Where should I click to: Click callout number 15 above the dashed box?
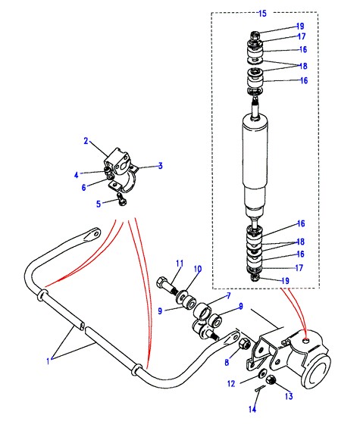coord(262,13)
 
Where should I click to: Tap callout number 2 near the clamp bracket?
coord(86,141)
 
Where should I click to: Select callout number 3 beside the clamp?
coord(161,166)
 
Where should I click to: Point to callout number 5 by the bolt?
coord(99,204)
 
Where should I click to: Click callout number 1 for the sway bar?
coord(48,361)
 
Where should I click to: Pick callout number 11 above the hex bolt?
coord(180,264)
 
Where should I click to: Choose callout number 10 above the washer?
coord(198,269)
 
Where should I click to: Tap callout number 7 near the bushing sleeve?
coord(229,295)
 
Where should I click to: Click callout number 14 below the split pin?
coord(252,410)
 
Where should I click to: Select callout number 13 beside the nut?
coord(289,396)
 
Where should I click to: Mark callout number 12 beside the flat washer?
coord(231,384)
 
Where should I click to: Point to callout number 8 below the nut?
coord(227,362)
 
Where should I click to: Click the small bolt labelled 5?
coord(122,198)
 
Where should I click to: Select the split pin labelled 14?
coord(260,388)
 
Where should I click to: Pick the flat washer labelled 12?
coord(263,374)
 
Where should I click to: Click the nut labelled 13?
coord(271,380)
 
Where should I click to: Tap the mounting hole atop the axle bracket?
coord(306,340)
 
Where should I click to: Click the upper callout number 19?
coord(300,26)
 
